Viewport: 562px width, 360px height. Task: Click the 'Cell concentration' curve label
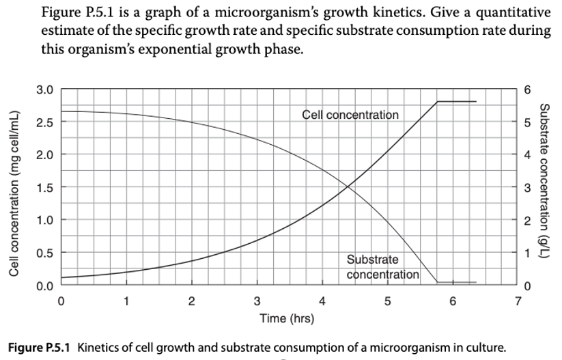click(x=350, y=115)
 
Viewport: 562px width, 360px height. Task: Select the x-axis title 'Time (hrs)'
click(x=287, y=318)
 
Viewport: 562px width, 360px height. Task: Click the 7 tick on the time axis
click(x=518, y=301)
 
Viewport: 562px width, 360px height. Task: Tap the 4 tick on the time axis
click(x=322, y=301)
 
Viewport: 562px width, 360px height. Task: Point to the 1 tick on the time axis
click(x=126, y=301)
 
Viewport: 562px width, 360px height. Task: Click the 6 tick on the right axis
click(x=526, y=89)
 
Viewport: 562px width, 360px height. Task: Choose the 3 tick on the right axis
click(x=526, y=187)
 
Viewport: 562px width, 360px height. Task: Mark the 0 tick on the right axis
click(x=526, y=285)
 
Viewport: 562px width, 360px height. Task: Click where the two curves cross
click(x=348, y=185)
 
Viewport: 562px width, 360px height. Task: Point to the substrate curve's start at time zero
click(x=61, y=111)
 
